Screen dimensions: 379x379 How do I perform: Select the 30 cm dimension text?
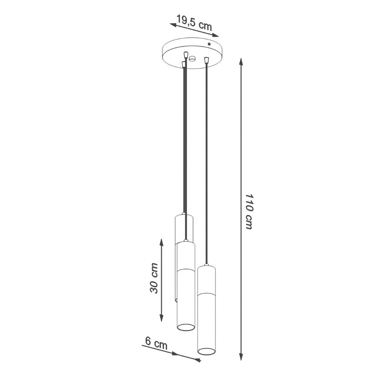154,278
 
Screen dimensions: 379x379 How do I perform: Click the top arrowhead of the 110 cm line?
241,61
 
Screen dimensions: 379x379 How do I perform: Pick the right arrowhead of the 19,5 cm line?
216,36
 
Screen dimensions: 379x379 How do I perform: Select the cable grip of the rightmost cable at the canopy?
206,60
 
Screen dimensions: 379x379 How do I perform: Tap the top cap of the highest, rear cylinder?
184,215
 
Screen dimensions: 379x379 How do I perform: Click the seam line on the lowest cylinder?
206,294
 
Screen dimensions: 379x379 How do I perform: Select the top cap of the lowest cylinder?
206,266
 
